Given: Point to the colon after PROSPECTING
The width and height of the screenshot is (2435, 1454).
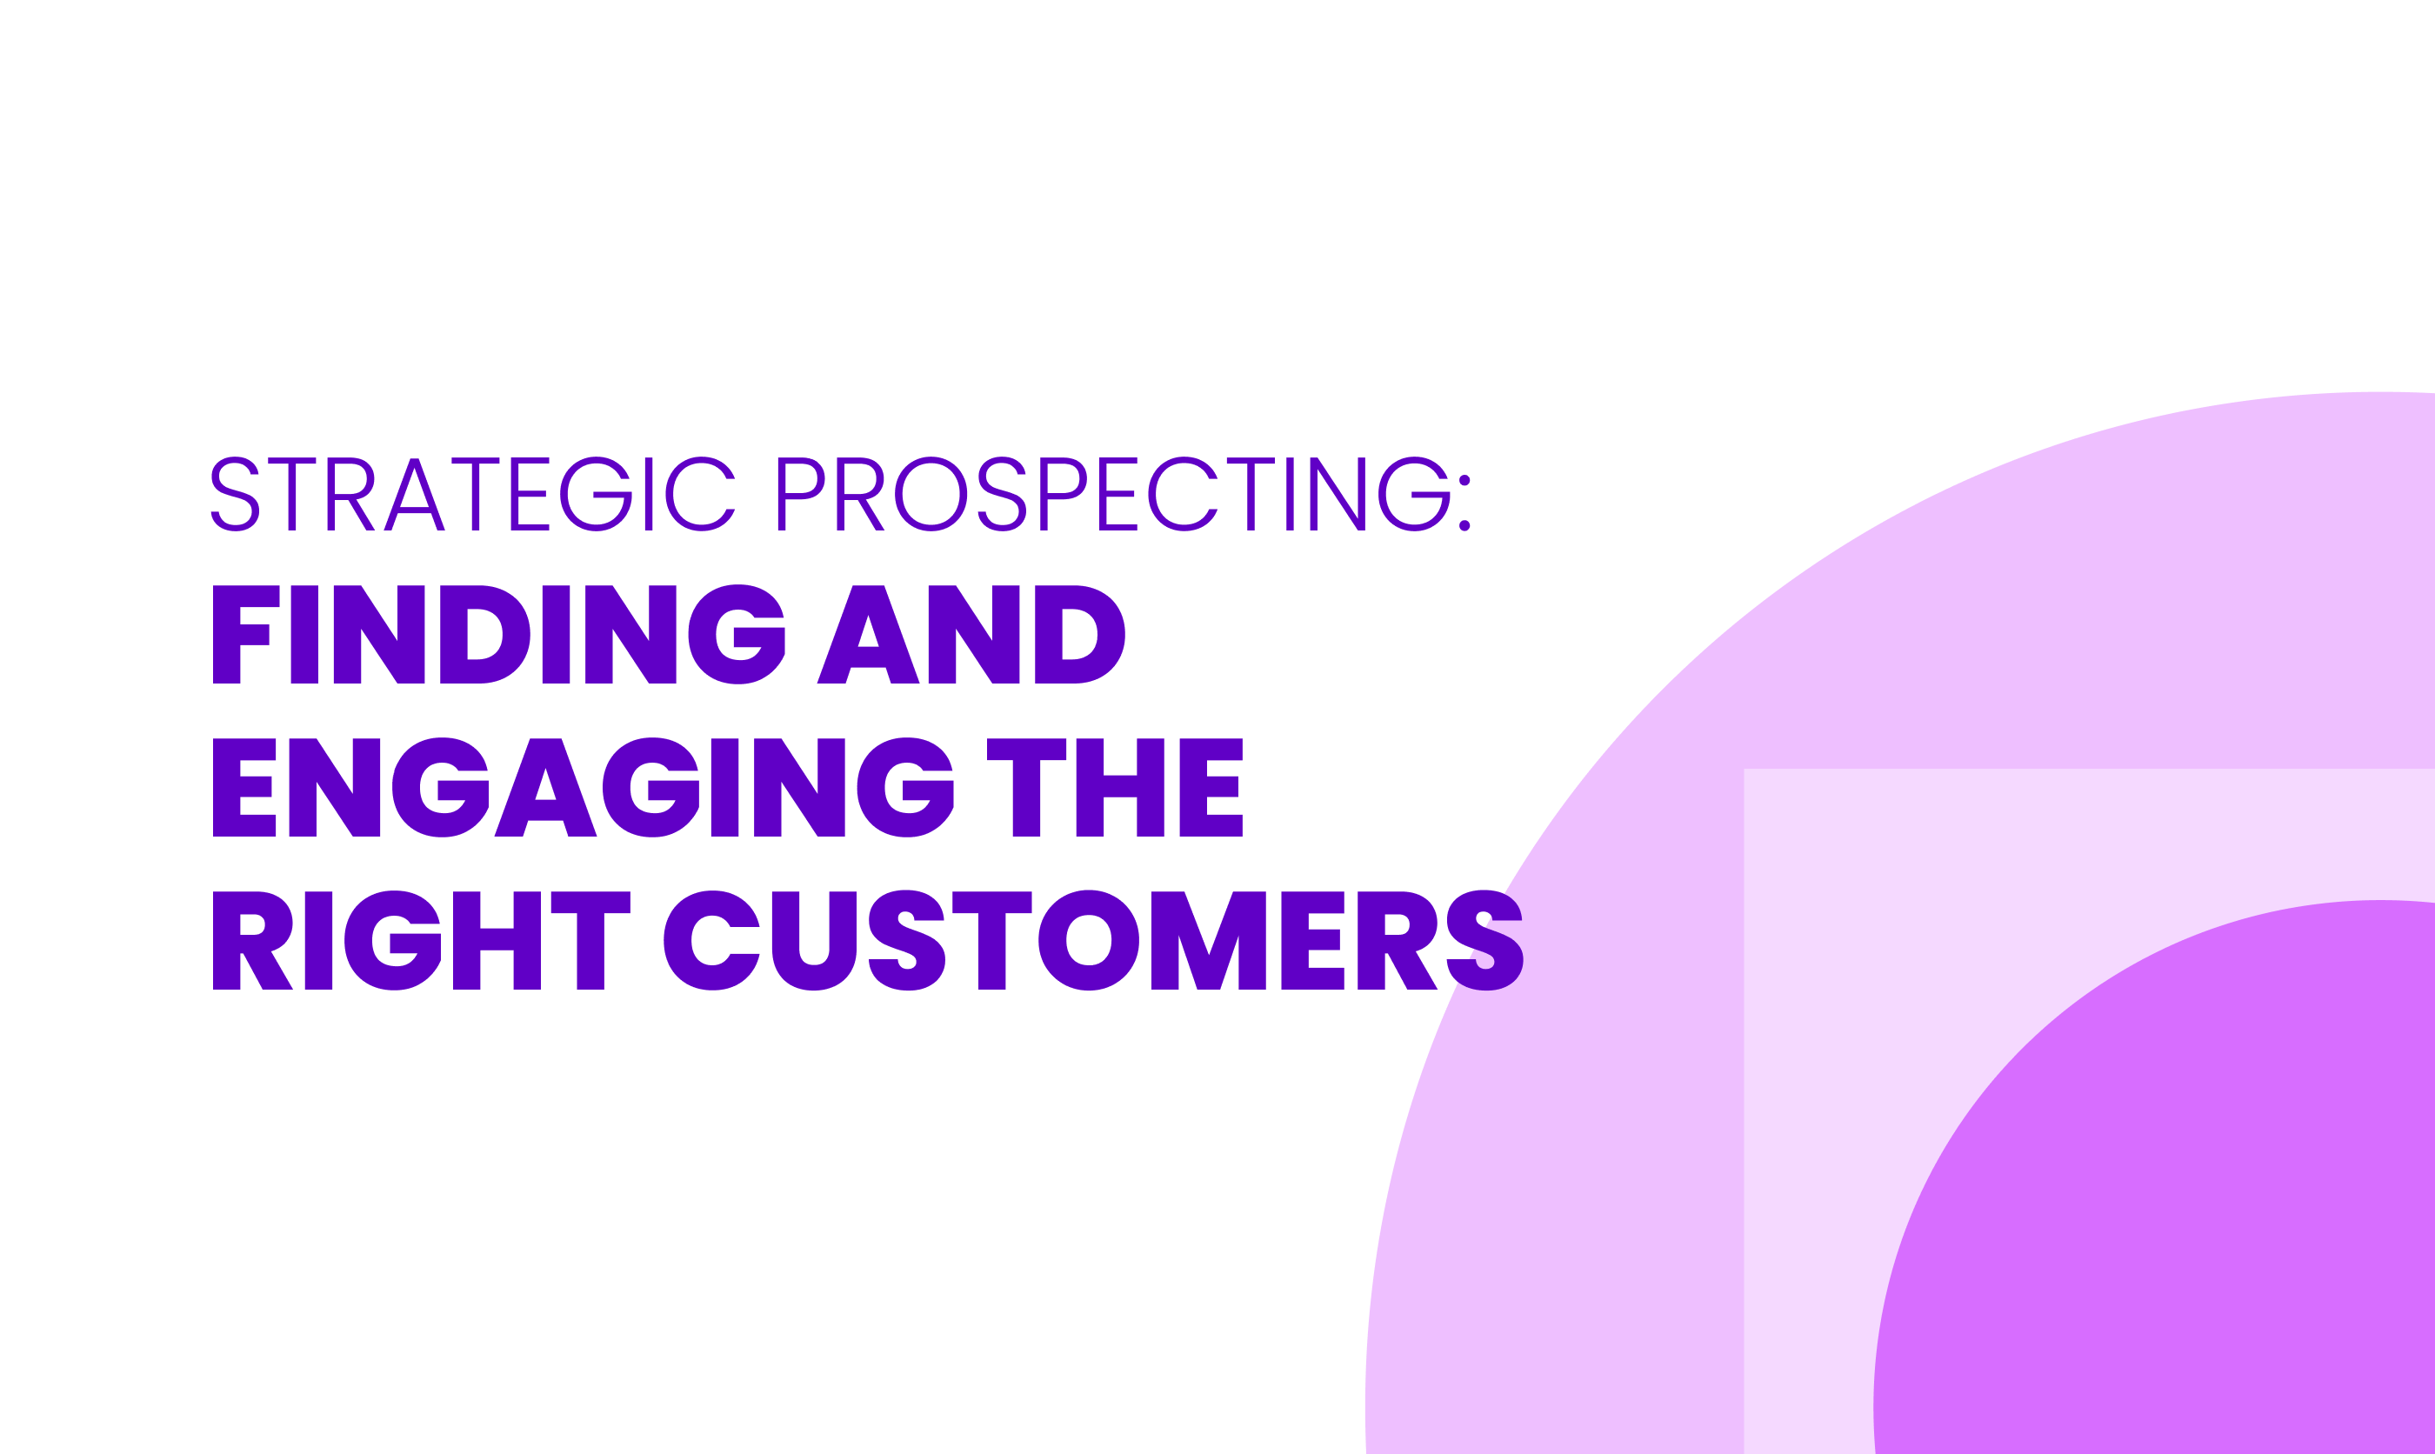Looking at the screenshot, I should tap(1464, 503).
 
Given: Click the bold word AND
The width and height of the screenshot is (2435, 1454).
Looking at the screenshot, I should tap(970, 634).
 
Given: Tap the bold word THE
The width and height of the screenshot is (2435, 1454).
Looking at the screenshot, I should tap(1114, 787).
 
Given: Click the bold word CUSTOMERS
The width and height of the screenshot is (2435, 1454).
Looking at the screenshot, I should tap(1092, 939).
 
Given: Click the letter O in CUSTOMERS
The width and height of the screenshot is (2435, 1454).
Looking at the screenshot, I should tap(1088, 939).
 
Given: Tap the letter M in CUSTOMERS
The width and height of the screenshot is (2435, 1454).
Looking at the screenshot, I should tap(1208, 939).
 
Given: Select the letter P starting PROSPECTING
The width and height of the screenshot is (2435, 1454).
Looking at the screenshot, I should tap(798, 494).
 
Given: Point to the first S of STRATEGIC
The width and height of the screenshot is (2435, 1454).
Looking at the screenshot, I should tap(235, 494).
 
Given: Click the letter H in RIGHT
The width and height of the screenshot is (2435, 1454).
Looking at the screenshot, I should tap(497, 939).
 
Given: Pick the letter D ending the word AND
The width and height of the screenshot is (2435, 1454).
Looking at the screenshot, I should tap(1078, 634).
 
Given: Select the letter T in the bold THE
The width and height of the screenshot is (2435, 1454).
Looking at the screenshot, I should tap(1025, 787).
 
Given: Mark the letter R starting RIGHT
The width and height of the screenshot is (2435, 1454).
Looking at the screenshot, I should tap(250, 939).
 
